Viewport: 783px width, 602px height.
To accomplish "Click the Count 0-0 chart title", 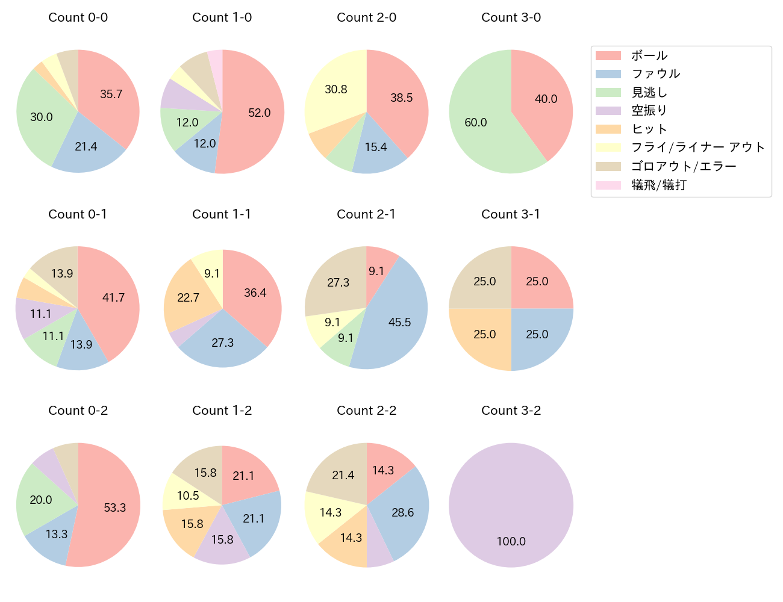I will (78, 17).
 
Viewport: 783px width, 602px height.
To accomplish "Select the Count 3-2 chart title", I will (511, 411).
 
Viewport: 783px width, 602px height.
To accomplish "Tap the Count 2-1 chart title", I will (366, 214).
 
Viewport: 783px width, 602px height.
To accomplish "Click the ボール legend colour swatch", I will (608, 55).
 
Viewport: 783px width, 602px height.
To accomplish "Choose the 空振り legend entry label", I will (649, 111).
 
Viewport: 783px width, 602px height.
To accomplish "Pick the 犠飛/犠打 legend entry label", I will (659, 185).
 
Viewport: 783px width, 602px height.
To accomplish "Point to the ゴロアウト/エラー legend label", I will (684, 166).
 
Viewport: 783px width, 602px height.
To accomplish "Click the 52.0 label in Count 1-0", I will (260, 113).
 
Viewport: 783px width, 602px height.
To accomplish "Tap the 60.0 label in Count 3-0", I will (476, 123).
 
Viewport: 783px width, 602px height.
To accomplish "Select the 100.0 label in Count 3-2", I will (511, 541).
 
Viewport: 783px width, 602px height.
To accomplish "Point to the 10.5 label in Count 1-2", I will (188, 495).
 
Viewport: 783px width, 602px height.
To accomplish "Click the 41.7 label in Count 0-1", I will (114, 297).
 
